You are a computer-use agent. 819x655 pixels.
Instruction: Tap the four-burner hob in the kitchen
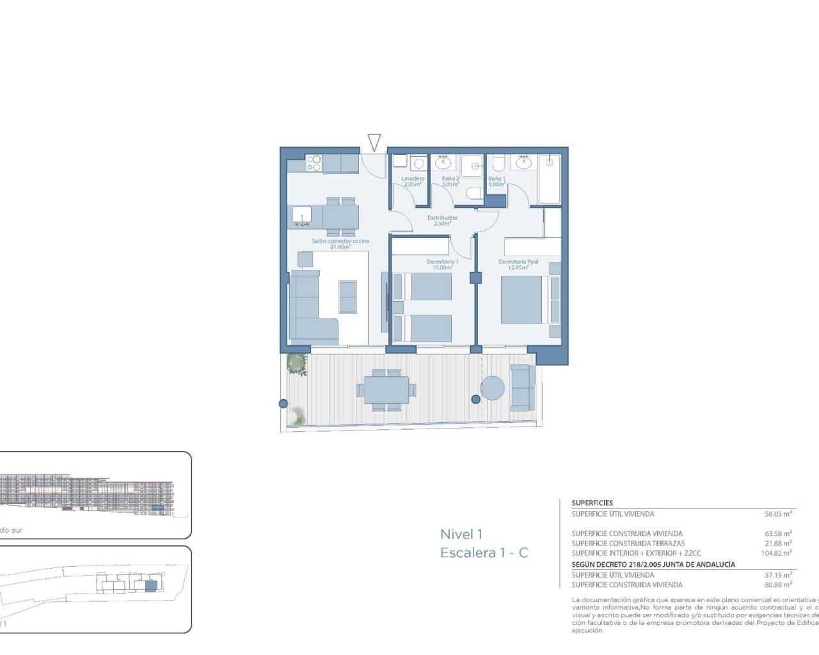(314, 164)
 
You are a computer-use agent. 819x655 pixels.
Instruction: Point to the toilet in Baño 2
(473, 194)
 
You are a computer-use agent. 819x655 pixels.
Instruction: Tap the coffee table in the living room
(348, 297)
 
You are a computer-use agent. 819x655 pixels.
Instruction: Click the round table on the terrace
(493, 388)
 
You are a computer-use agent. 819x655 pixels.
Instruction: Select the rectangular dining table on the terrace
(386, 389)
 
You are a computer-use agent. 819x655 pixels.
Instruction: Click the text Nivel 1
(461, 534)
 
